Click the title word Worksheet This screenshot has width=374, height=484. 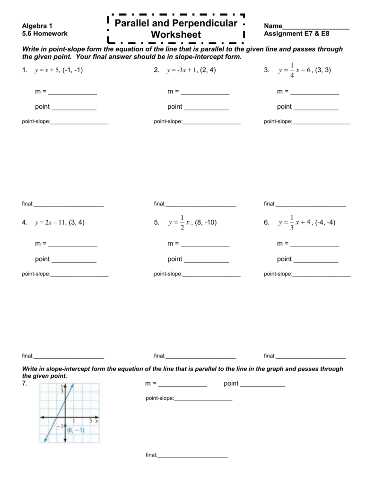pyautogui.click(x=176, y=35)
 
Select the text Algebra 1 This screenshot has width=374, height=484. pyautogui.click(x=37, y=26)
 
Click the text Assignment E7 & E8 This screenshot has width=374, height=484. pyautogui.click(x=296, y=34)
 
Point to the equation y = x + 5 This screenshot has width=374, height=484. pyautogui.click(x=47, y=70)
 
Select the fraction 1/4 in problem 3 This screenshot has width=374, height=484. pyautogui.click(x=292, y=70)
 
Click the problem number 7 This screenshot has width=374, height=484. pyautogui.click(x=25, y=384)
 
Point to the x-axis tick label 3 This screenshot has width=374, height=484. pyautogui.click(x=90, y=420)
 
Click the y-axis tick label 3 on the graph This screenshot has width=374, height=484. pyautogui.click(x=61, y=391)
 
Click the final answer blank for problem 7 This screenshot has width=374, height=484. pyautogui.click(x=192, y=457)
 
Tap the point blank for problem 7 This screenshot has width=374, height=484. pyautogui.click(x=262, y=386)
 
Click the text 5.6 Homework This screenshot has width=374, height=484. pyautogui.click(x=45, y=34)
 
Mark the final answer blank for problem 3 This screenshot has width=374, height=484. pyautogui.click(x=311, y=206)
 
